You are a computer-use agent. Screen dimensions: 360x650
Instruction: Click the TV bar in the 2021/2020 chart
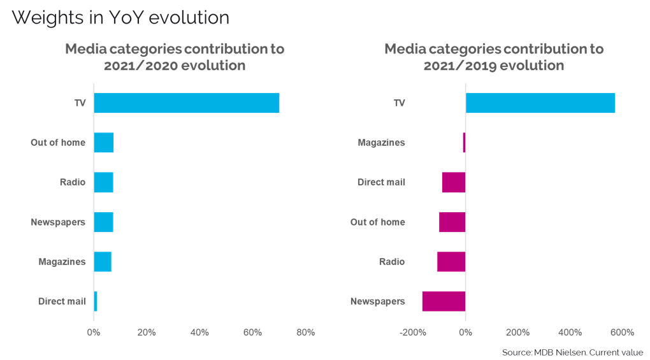tap(186, 103)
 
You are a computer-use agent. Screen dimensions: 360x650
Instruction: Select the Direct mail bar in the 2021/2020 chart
tap(96, 301)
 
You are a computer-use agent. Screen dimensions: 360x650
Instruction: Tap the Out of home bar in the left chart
tap(103, 143)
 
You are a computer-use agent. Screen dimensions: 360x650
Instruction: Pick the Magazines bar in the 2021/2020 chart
tap(103, 262)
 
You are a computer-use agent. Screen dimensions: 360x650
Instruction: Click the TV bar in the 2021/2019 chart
tap(540, 103)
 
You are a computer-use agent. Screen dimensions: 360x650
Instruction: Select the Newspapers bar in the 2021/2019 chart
tap(444, 301)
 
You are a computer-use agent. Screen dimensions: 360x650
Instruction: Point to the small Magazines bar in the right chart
tap(464, 143)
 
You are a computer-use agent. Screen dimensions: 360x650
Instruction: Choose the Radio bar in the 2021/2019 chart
tap(451, 262)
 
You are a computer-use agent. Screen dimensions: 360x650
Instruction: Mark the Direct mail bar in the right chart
tap(454, 182)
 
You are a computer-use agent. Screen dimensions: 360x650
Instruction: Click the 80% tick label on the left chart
tap(305, 333)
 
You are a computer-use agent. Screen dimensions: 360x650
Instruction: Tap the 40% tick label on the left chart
tap(199, 333)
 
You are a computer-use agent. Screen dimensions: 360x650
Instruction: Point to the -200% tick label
tap(412, 333)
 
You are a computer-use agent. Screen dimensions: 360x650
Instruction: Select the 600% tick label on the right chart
tap(622, 333)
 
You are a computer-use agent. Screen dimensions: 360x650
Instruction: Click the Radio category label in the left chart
tap(73, 182)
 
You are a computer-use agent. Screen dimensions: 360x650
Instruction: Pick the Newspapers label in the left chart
tap(58, 222)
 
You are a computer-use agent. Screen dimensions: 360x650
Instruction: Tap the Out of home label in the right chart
tap(378, 222)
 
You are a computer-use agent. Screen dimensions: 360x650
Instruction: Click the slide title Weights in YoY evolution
tap(120, 18)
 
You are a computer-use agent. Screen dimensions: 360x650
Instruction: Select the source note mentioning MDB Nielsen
tap(572, 352)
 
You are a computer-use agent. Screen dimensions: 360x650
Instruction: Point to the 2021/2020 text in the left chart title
tap(141, 66)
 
